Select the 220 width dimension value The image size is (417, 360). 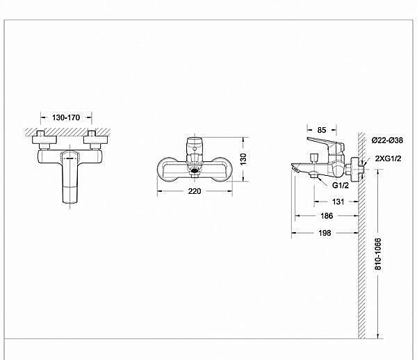[x=196, y=192]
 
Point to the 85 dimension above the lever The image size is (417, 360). [x=322, y=129]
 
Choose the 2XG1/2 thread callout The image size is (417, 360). [x=387, y=159]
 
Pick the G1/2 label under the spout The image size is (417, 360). [x=340, y=186]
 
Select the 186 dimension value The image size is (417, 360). [x=327, y=216]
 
